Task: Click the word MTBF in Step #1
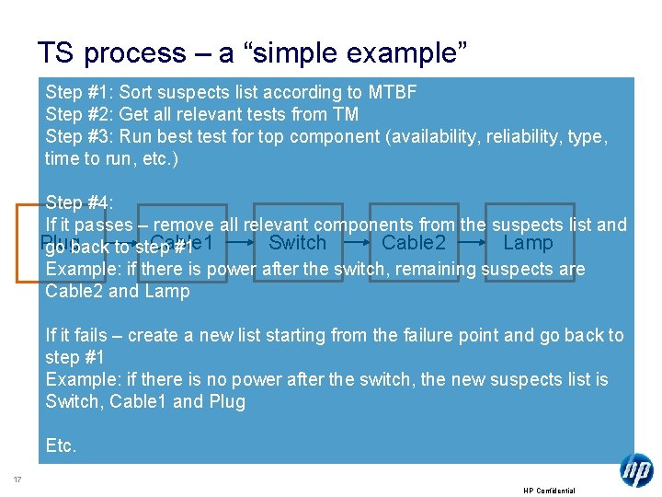pyautogui.click(x=391, y=92)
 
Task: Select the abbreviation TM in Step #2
pyautogui.click(x=345, y=114)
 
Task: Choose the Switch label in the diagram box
pyautogui.click(x=297, y=243)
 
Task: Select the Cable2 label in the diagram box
pyautogui.click(x=414, y=243)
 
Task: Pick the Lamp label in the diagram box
pyautogui.click(x=528, y=243)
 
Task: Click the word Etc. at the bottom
pyautogui.click(x=62, y=446)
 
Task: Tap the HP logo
pyautogui.click(x=636, y=470)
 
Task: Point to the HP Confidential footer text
pyautogui.click(x=549, y=491)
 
